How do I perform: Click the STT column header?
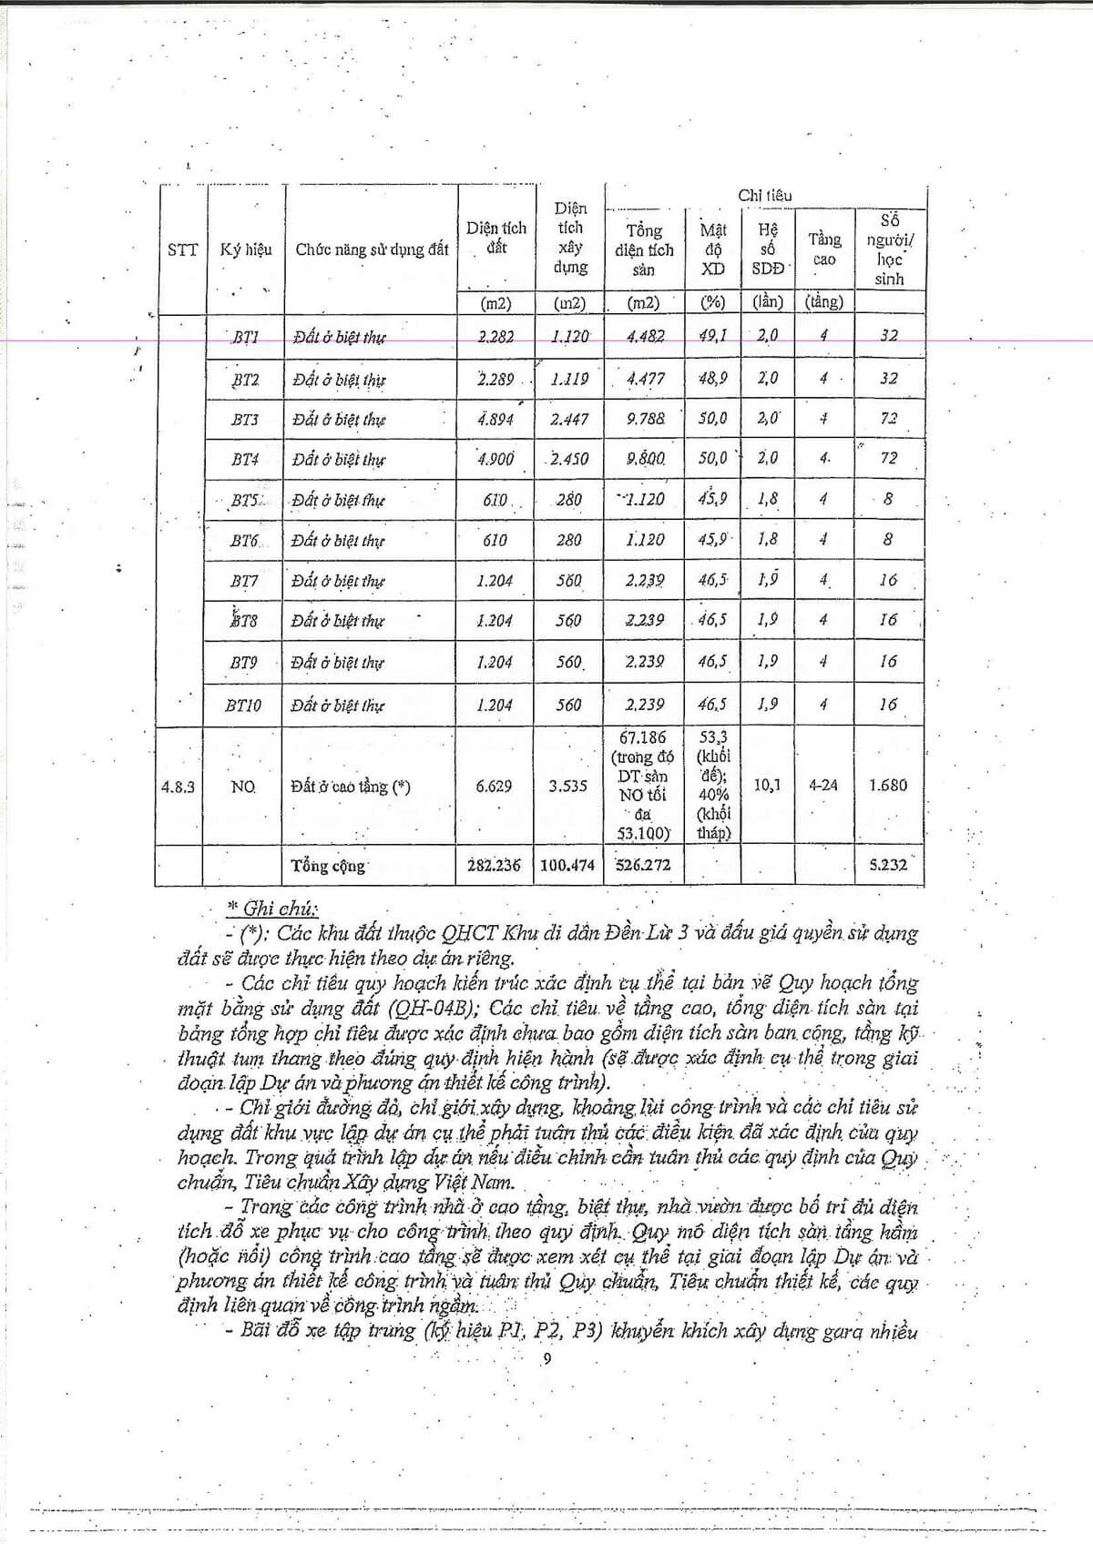coord(182,249)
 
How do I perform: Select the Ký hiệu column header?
coord(246,249)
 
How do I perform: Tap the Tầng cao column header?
coord(824,249)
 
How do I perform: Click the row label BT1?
coord(245,337)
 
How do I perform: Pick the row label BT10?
coord(243,705)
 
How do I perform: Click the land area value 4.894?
coord(495,419)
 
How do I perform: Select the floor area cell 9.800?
coord(645,459)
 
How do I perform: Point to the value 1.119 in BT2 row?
coord(569,379)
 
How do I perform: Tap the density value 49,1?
coord(712,336)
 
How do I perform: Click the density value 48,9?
coord(712,378)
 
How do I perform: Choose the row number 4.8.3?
coord(178,787)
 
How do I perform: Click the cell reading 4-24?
coord(823,785)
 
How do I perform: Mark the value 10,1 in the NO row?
coord(767,785)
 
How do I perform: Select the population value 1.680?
coord(888,785)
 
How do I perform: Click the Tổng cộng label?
coord(328,866)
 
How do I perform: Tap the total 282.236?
coord(494,865)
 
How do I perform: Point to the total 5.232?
coord(888,865)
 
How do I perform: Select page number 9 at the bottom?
coord(546,1359)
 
